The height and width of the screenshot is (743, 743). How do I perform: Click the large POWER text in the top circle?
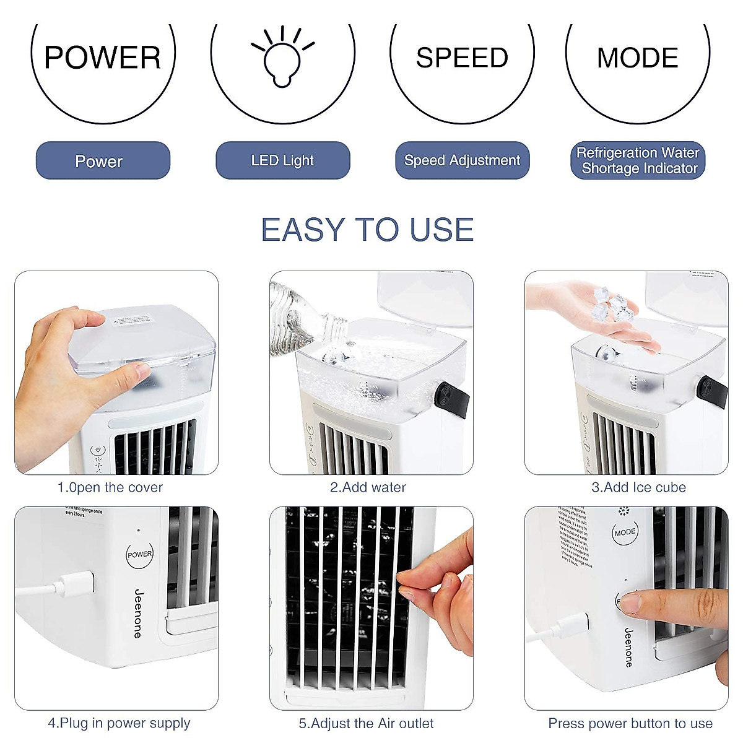tap(103, 58)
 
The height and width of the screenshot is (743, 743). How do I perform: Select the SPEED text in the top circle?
tap(462, 58)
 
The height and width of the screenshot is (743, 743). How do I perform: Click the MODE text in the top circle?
tap(637, 58)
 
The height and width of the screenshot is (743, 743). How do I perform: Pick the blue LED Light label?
tap(282, 160)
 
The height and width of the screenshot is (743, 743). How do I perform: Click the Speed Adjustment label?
tap(462, 160)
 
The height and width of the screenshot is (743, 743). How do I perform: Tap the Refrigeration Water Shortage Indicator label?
tap(637, 160)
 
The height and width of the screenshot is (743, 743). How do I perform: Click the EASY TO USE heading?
tap(367, 230)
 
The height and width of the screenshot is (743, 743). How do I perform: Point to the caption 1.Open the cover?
tap(110, 487)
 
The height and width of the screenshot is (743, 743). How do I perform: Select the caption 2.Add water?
tap(368, 487)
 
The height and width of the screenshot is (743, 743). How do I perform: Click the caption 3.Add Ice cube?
tap(638, 487)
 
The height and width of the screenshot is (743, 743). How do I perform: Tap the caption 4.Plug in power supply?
tap(119, 723)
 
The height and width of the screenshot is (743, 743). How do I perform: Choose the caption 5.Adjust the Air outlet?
tap(366, 723)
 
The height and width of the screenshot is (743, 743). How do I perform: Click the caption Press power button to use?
tap(630, 723)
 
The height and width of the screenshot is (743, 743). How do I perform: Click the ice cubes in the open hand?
tap(610, 305)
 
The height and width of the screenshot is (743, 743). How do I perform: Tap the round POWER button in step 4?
tap(139, 554)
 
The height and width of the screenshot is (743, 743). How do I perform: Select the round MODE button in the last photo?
tap(625, 532)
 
